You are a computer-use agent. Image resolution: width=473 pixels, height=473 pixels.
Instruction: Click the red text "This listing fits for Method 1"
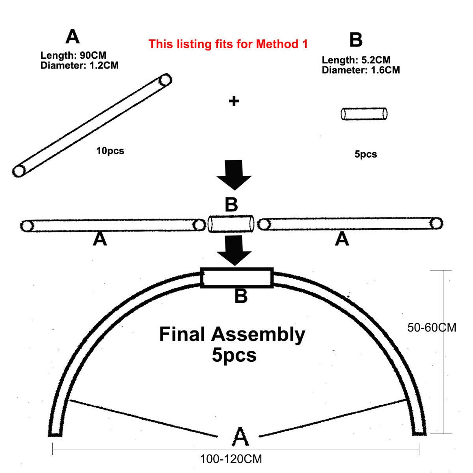click(x=228, y=44)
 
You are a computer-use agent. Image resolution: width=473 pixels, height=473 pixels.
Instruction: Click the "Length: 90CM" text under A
click(x=73, y=55)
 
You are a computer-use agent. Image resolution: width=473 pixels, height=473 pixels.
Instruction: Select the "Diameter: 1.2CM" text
click(x=79, y=65)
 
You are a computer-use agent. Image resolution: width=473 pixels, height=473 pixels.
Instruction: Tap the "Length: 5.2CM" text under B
click(x=356, y=60)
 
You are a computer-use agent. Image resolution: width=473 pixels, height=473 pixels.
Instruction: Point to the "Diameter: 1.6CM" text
click(x=361, y=70)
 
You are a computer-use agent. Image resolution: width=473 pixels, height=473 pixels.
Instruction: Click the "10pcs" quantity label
click(x=110, y=151)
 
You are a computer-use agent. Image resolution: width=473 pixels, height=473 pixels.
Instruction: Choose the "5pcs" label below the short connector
click(x=365, y=154)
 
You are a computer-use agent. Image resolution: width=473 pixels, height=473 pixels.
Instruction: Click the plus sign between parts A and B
click(x=234, y=101)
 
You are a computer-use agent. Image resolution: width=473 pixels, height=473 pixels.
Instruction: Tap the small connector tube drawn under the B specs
click(x=364, y=114)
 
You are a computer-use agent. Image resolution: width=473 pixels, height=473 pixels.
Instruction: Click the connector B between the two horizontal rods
click(x=231, y=224)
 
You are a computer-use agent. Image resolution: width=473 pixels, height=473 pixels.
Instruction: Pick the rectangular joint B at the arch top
click(x=237, y=278)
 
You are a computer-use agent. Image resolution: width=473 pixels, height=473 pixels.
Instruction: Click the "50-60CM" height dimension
click(x=431, y=328)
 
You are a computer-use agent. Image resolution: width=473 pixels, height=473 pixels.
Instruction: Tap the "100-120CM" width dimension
click(x=231, y=459)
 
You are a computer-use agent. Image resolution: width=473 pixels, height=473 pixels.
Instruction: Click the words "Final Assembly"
click(x=232, y=334)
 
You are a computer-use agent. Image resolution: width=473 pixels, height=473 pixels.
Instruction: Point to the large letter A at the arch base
click(x=240, y=437)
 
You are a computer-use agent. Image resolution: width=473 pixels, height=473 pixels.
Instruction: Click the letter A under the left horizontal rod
click(x=100, y=239)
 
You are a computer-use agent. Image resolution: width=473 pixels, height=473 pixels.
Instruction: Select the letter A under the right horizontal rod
click(x=342, y=239)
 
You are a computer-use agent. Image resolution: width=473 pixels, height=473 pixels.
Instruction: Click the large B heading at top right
click(x=356, y=40)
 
